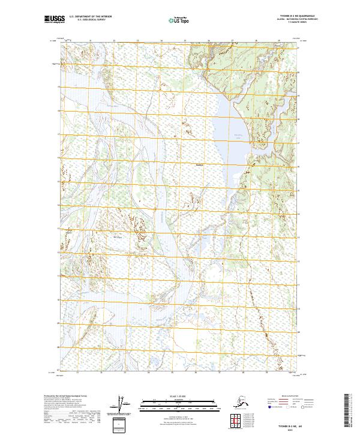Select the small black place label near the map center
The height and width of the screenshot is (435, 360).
point(200,165)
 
